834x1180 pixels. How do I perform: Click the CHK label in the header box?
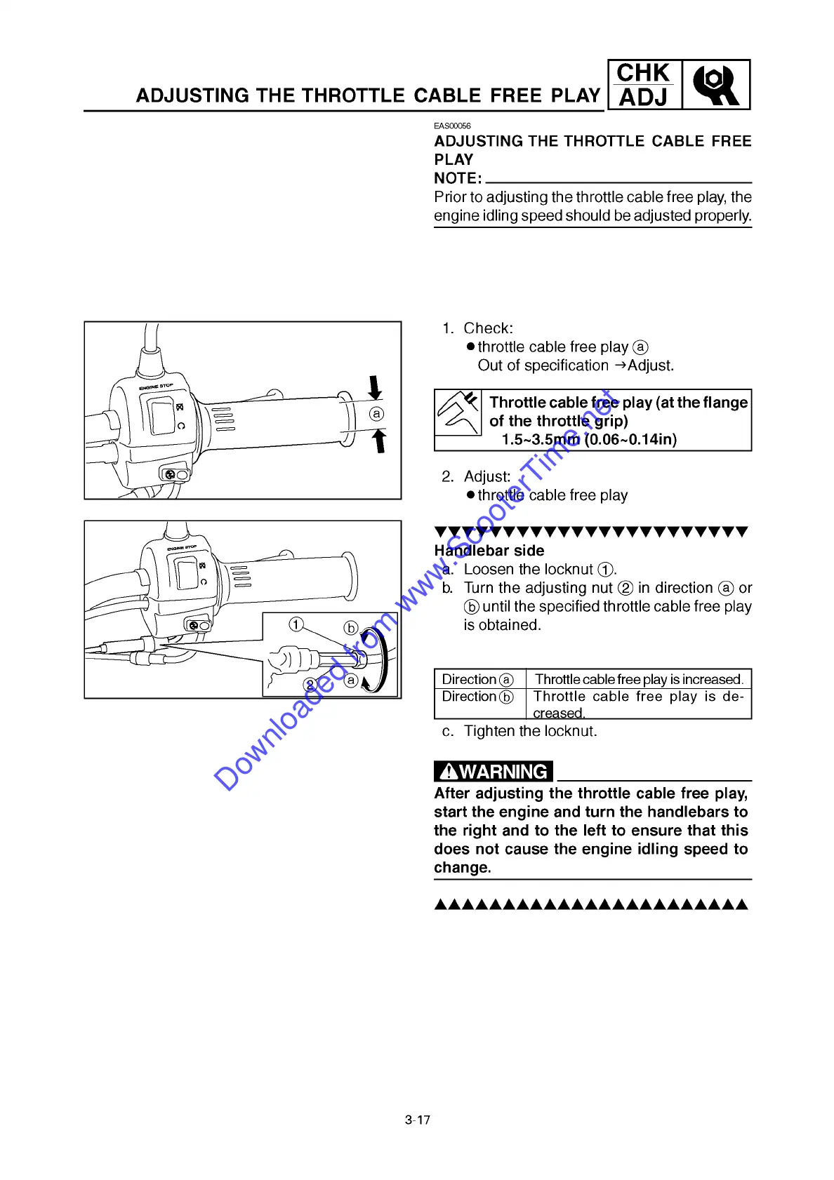point(643,73)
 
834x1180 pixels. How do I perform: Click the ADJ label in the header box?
point(643,98)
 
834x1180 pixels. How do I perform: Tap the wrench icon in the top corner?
point(715,85)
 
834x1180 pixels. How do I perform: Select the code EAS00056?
point(452,126)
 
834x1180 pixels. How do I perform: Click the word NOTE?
point(457,178)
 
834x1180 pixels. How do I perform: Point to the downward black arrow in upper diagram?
point(375,387)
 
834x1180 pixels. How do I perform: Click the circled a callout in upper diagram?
point(377,414)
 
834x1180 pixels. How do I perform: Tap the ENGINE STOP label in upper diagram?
point(156,387)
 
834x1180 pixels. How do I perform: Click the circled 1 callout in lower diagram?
point(296,624)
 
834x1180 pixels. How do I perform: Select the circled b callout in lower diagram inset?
point(351,628)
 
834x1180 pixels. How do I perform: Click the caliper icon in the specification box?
point(458,413)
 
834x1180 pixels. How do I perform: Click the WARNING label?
point(494,771)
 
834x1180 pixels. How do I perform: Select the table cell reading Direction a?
point(478,679)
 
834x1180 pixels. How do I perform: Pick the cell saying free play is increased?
point(638,679)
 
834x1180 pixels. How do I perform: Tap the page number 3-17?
point(418,1120)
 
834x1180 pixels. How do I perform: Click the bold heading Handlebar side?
point(489,551)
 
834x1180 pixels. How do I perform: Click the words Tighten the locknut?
point(530,731)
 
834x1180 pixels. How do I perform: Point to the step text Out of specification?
point(543,366)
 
